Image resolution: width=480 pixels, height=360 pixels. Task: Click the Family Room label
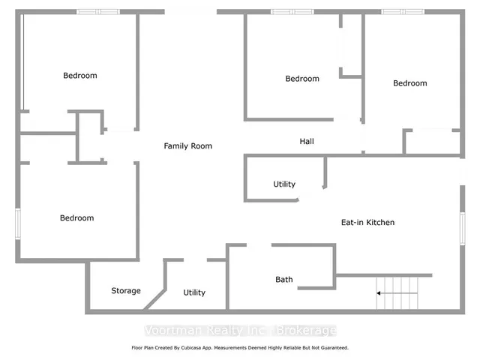(x=188, y=146)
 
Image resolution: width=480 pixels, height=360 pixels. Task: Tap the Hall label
(x=307, y=141)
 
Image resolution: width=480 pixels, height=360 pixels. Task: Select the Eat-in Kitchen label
(x=367, y=222)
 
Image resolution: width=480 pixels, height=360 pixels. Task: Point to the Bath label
(x=284, y=279)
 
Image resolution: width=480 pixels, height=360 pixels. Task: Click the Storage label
(x=126, y=290)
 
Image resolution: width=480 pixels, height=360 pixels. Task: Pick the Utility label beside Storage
(x=194, y=292)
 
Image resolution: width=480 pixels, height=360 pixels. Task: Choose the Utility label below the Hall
(x=284, y=184)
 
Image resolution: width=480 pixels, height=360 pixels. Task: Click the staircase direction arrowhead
(x=379, y=293)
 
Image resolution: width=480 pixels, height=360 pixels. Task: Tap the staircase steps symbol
(x=397, y=293)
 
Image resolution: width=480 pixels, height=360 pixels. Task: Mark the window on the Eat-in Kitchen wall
(x=463, y=229)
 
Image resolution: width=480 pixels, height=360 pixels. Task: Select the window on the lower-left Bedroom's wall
(x=18, y=224)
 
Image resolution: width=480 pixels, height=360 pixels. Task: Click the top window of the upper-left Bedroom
(x=98, y=12)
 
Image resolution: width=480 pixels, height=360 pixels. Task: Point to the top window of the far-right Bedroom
(x=403, y=12)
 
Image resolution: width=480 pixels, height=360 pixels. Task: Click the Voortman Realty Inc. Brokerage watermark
(x=241, y=330)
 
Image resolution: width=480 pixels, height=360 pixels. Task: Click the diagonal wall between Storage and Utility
(x=155, y=299)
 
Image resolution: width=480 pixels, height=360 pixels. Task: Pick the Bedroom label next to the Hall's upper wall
(x=302, y=79)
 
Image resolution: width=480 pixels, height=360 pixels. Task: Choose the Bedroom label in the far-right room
(x=410, y=83)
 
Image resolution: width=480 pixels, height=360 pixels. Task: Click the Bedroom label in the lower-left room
(x=76, y=218)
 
